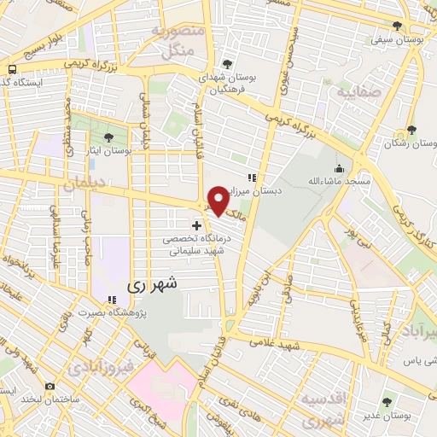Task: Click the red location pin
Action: point(218,200)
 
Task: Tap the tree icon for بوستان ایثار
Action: point(108,137)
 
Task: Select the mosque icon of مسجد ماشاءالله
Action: point(339,167)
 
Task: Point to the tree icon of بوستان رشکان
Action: point(411,130)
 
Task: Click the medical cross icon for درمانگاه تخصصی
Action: point(197,225)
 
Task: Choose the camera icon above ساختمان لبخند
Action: point(50,387)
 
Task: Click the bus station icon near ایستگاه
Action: point(12,69)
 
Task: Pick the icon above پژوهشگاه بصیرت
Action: point(111,300)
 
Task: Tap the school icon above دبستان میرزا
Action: point(251,178)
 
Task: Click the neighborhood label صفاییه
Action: point(355,90)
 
